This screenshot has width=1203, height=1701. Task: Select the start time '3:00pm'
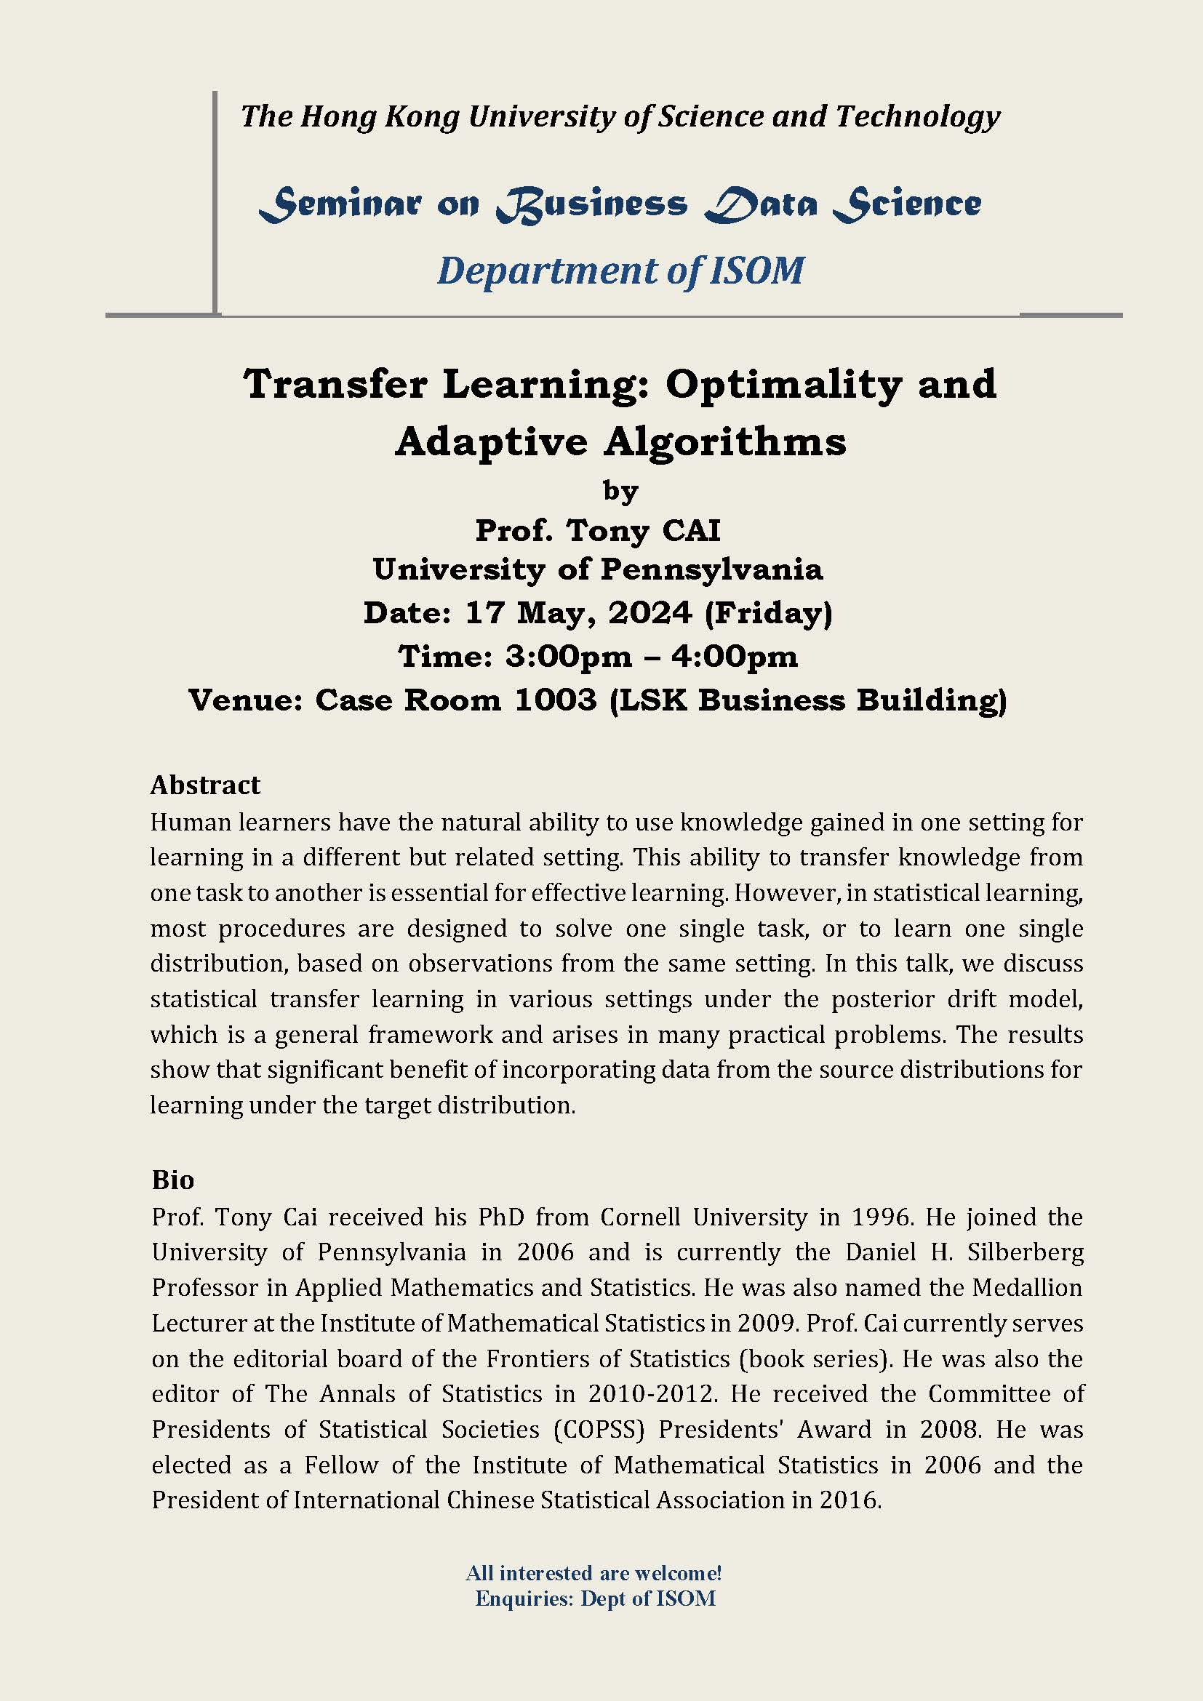click(x=569, y=657)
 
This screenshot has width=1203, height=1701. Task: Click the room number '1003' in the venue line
click(x=555, y=700)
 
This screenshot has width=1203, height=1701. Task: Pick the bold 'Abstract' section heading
click(x=205, y=785)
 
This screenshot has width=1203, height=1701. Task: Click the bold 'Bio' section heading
click(x=172, y=1180)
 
